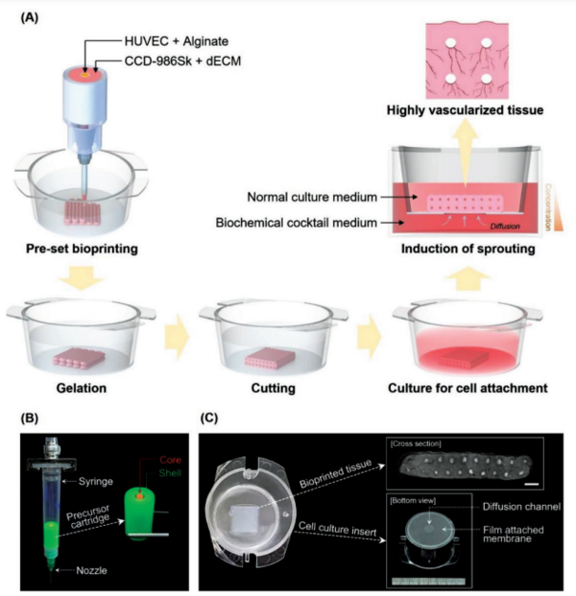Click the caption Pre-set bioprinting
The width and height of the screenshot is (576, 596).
(79, 252)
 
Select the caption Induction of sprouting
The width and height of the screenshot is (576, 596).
(465, 252)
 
